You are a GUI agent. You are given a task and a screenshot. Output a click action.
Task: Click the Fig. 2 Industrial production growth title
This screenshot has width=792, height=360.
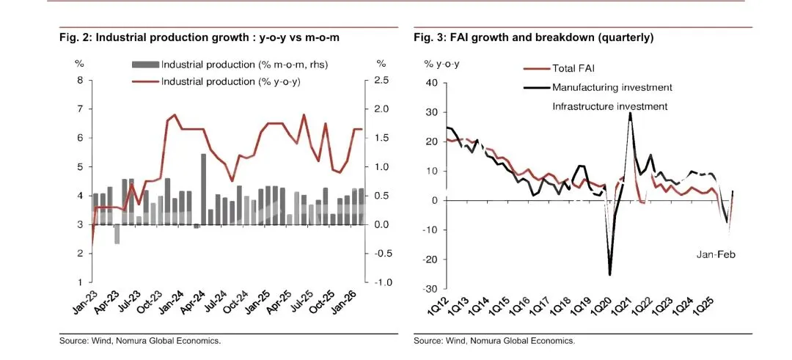click(199, 37)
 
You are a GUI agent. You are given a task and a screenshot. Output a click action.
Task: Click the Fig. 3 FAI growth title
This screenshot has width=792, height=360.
click(533, 37)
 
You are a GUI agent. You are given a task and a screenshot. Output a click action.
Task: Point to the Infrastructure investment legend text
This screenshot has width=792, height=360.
click(609, 106)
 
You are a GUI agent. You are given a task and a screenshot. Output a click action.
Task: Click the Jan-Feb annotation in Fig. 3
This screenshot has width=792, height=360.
click(715, 254)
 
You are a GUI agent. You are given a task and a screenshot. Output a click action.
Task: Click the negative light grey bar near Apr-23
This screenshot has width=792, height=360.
click(117, 234)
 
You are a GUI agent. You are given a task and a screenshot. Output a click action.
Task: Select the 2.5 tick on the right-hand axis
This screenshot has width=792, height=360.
click(381, 81)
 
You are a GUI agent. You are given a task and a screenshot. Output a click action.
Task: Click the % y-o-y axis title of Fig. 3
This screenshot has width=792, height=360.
click(441, 64)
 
